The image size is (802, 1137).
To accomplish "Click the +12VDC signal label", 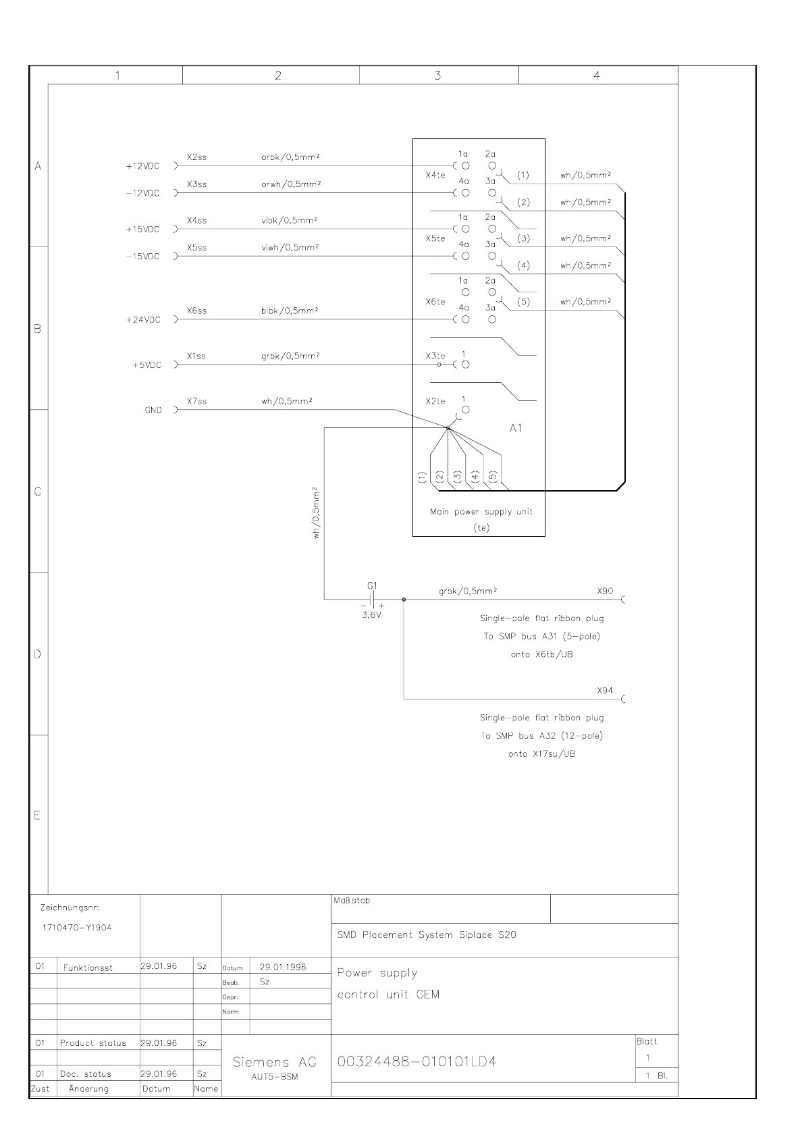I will pos(143,166).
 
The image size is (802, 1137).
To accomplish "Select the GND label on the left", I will pos(153,410).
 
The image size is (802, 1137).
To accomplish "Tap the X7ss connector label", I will pos(196,401).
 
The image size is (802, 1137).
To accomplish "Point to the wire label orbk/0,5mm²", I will pos(290,157).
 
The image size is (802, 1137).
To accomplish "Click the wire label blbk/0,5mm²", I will pos(290,311).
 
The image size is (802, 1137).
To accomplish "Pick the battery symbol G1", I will pos(372,599).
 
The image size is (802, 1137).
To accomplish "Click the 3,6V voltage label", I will pos(372,615).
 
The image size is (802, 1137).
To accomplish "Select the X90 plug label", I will pos(605,591).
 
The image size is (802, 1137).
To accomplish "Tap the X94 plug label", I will pos(605,691).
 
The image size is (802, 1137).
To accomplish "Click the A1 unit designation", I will pos(515,428).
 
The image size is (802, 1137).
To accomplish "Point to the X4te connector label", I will pos(435,175).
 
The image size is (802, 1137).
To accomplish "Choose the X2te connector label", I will pos(435,401).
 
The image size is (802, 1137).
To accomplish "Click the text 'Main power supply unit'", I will pos(481,512).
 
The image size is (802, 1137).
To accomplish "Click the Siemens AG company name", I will pos(274,1062).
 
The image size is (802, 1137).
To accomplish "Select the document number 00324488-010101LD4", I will pos(417,1062).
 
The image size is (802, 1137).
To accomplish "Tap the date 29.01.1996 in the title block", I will pos(283,967).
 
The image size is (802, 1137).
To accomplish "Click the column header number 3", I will pos(437,76).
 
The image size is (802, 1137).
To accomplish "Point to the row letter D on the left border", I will pos(38,654).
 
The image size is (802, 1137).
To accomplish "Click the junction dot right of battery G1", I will pos(404,599).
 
